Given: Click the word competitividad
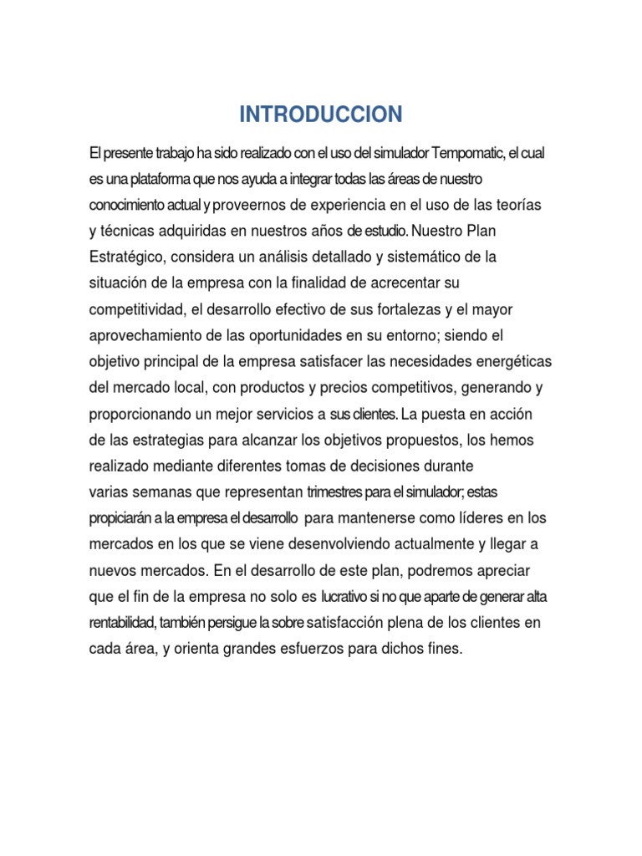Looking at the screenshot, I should pyautogui.click(x=136, y=310).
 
